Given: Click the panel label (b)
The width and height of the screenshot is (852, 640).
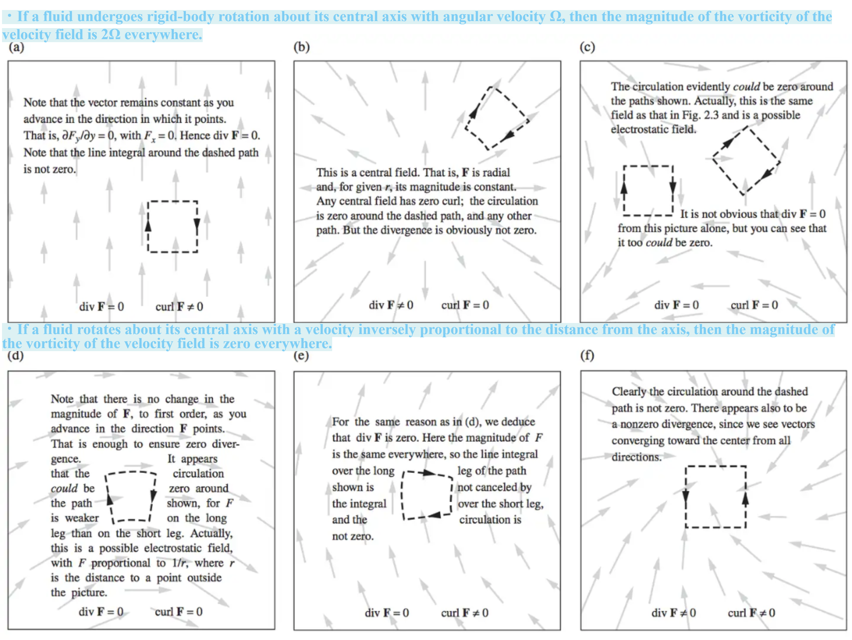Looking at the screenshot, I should pos(302,47).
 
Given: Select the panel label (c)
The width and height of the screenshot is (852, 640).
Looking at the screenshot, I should pos(587,47).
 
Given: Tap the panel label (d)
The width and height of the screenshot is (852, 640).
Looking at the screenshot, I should pos(15,355).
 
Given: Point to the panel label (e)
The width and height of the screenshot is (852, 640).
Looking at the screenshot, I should pos(301,355).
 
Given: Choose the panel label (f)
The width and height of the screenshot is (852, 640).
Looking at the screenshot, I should pos(587,355).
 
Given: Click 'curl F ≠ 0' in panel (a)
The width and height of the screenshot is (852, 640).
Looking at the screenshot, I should pos(179,307).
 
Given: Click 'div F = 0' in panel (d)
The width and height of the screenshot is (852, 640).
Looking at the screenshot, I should pos(101,611).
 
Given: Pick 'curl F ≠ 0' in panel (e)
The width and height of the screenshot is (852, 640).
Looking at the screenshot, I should pos(465,613).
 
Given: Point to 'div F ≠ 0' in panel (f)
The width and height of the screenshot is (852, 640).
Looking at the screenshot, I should pos(674,613).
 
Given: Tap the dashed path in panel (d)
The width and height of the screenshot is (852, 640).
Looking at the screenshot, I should pos(131,472).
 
